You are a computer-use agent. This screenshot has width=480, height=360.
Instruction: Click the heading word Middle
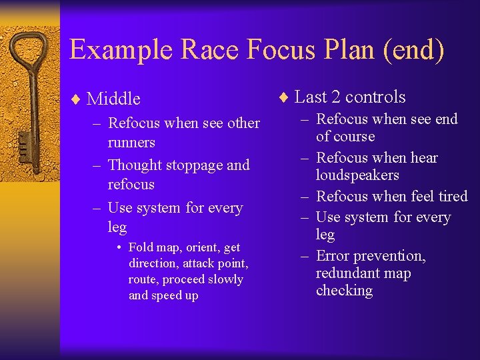(x=114, y=99)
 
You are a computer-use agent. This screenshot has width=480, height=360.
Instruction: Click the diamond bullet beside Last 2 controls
(x=283, y=97)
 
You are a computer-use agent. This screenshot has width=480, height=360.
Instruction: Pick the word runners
(x=131, y=142)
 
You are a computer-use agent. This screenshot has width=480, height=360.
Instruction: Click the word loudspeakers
(x=357, y=175)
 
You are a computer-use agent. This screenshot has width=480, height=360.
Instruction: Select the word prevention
(x=393, y=256)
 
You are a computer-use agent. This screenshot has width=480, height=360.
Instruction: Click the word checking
(x=345, y=291)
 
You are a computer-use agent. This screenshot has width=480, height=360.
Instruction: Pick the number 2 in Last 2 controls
(x=335, y=97)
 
